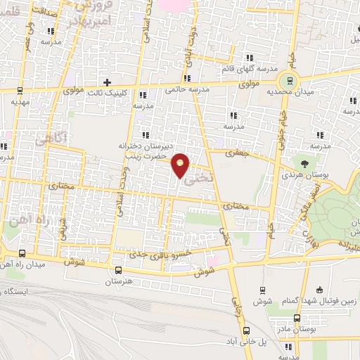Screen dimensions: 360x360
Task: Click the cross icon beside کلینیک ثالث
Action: click(x=107, y=82)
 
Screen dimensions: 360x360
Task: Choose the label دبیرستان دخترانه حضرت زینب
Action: click(x=146, y=151)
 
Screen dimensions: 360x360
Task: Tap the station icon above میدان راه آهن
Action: click(x=22, y=253)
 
